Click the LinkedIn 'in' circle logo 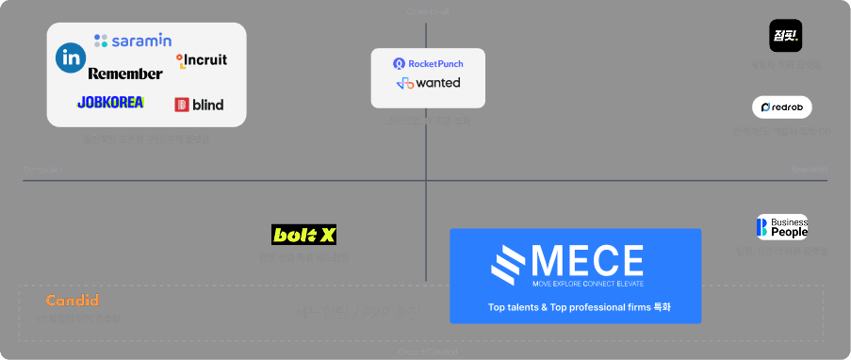(x=71, y=58)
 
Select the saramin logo (x=133, y=41)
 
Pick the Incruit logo (x=201, y=59)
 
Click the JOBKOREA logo (x=110, y=102)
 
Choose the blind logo (x=199, y=104)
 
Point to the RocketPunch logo (x=428, y=63)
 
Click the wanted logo (x=428, y=83)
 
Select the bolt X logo (x=303, y=235)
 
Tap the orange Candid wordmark (x=73, y=301)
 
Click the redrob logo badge (x=781, y=107)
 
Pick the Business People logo (x=782, y=227)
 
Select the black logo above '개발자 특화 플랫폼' (x=785, y=36)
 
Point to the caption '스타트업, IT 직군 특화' (x=428, y=121)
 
